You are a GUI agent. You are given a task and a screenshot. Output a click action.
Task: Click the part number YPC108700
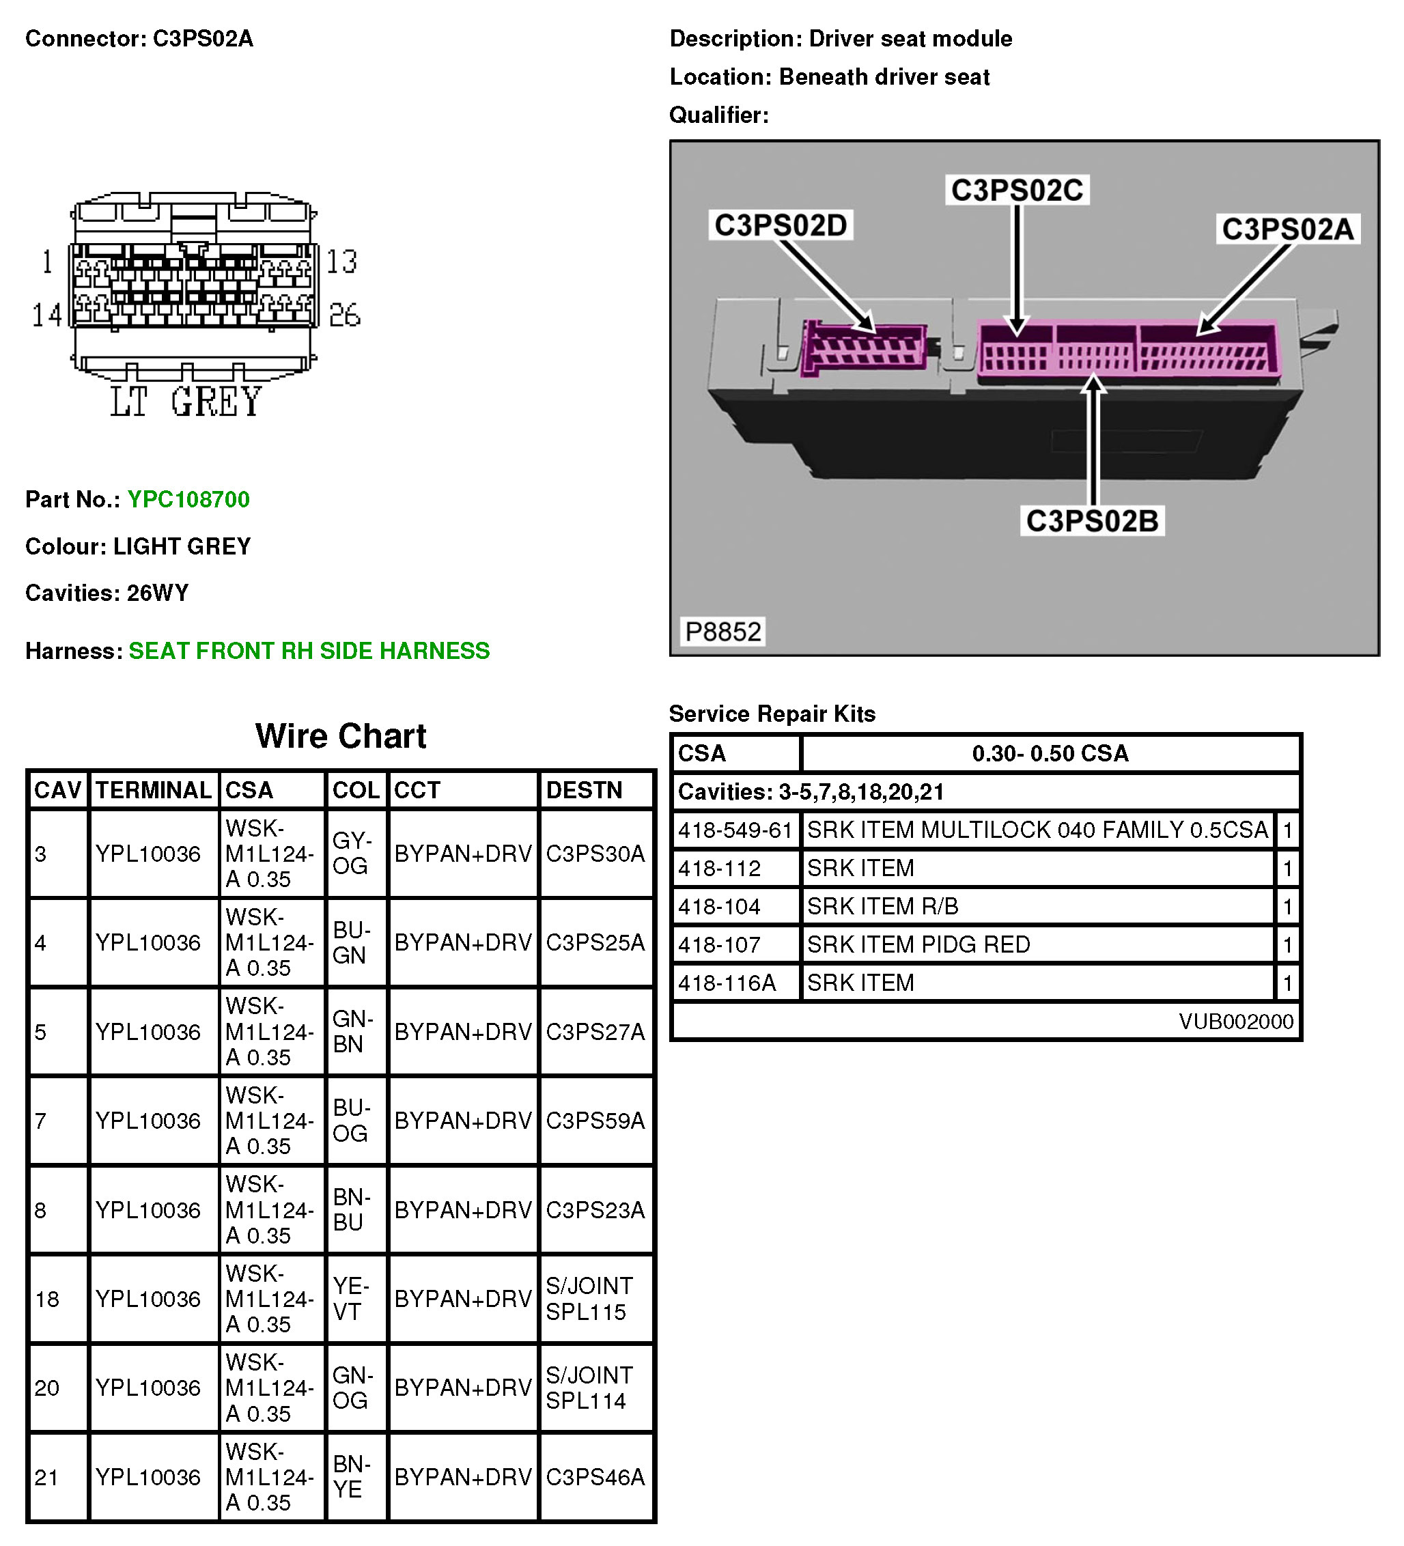[x=188, y=499]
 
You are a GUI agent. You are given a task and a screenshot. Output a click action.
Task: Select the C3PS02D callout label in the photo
[x=780, y=225]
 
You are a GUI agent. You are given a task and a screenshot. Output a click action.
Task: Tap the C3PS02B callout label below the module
[x=1091, y=521]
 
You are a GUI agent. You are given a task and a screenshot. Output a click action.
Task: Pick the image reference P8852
[x=722, y=631]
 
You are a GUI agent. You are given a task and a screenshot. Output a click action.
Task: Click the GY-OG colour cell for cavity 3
[x=352, y=853]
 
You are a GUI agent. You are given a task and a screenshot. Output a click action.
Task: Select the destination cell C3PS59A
[x=595, y=1121]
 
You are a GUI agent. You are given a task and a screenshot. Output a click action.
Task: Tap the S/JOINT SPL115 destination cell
[x=589, y=1298]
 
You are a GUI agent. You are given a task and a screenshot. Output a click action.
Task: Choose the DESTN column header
[x=584, y=790]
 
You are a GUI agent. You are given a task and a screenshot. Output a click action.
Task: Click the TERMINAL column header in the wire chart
[x=154, y=790]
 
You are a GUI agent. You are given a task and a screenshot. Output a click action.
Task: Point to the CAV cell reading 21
[x=46, y=1476]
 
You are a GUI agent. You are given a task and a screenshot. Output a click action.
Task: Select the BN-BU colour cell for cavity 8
[x=351, y=1209]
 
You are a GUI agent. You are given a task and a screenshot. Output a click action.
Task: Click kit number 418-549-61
[x=734, y=830]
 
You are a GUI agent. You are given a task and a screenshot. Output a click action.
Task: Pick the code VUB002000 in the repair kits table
[x=1235, y=1021]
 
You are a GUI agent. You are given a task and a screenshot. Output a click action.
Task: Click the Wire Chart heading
[x=341, y=736]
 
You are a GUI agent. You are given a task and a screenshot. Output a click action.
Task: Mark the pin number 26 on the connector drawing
[x=344, y=315]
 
